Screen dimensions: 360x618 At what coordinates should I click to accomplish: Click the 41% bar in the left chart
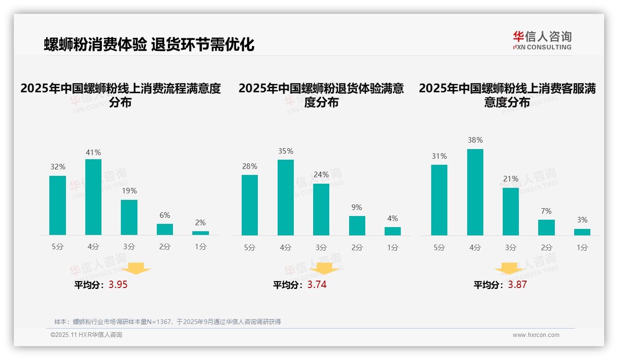pos(93,197)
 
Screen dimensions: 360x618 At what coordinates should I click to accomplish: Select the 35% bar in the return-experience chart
pos(285,198)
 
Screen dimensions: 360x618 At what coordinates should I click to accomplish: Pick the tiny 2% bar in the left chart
pos(201,233)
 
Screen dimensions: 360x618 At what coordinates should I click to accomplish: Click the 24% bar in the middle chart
pos(321,210)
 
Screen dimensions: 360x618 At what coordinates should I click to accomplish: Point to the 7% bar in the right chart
pos(547,228)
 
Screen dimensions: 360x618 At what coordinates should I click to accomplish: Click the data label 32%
pos(58,167)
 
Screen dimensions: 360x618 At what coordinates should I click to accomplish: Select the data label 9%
pos(357,208)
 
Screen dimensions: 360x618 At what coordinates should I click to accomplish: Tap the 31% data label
pos(439,156)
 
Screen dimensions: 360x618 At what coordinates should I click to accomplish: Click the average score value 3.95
pos(118,285)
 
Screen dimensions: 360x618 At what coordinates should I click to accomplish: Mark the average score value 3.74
pos(317,285)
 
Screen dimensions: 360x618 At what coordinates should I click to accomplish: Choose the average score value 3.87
pos(517,285)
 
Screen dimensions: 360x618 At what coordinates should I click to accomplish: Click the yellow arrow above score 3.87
pos(509,269)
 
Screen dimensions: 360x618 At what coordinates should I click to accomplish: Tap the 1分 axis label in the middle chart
pos(392,247)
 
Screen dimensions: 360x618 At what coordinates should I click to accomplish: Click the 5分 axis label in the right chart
pos(439,247)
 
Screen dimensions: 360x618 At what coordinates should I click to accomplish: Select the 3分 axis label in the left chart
pos(129,247)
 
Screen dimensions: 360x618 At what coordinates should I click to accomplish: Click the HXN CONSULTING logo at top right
pos(542,40)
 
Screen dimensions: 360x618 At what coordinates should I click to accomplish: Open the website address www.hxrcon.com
pos(535,335)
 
